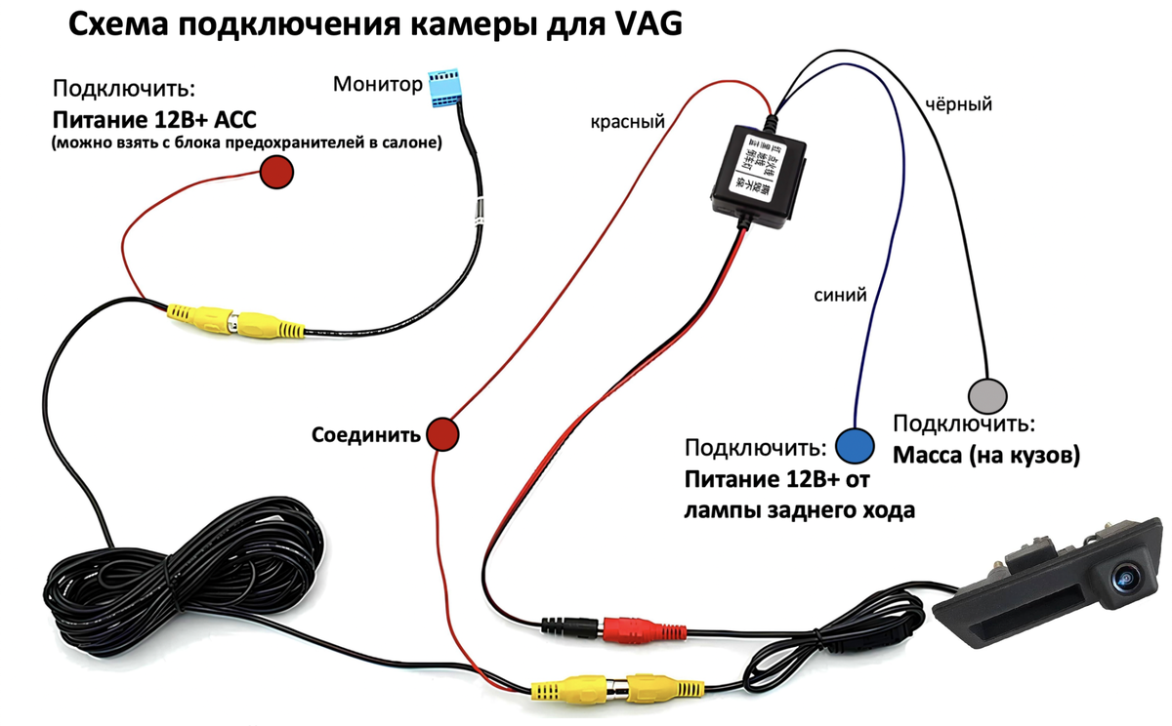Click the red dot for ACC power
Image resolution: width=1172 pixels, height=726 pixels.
pos(276,174)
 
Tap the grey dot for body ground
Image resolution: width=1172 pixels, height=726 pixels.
pos(985,394)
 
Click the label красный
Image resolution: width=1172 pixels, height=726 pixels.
pos(627,122)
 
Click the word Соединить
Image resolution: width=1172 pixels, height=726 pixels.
pos(365,434)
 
